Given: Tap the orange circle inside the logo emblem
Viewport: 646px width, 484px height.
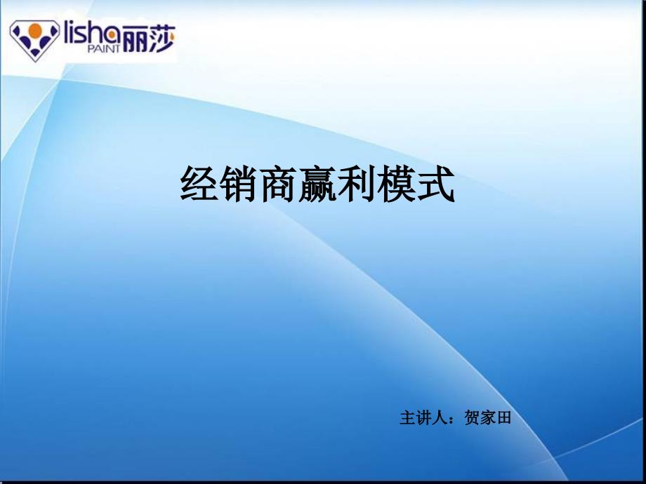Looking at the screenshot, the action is point(35,29).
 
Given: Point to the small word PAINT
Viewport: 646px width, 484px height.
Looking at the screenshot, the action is point(104,49).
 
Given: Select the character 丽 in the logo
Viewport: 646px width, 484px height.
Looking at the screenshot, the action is point(135,39).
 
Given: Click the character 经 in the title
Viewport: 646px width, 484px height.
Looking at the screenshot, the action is point(199,184).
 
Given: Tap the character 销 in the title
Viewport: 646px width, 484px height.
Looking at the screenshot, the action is point(239,184).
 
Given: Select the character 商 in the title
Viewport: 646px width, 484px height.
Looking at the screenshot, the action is point(279,184).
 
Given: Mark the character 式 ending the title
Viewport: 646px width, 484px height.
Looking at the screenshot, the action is point(436,184).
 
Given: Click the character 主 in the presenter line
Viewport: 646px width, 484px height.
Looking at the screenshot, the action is point(407,418).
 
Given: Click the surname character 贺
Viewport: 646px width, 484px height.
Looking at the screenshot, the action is point(472,418).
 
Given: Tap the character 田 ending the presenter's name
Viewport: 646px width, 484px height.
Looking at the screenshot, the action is point(504,418).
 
